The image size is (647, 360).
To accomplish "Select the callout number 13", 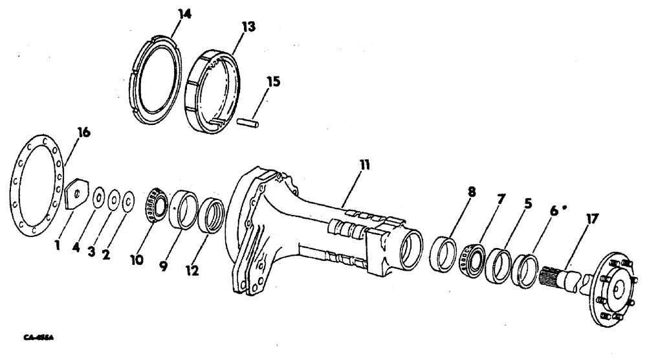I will point(230,27).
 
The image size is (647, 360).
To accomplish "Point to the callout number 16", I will point(83,133).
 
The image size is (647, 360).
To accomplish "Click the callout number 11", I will point(364,165).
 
